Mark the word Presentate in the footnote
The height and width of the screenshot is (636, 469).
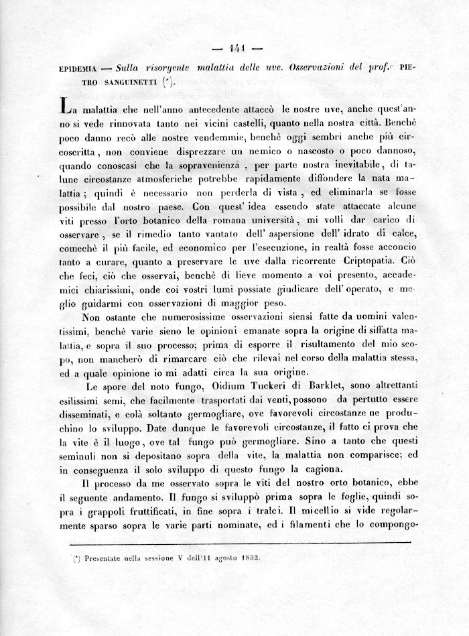[100, 556]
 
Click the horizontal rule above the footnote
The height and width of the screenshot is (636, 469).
[234, 542]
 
